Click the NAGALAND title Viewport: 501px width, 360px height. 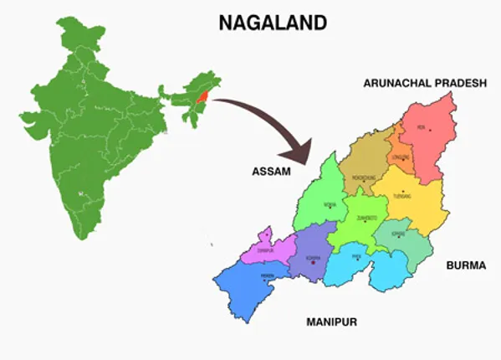click(x=272, y=23)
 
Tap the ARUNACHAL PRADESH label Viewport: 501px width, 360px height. click(x=424, y=83)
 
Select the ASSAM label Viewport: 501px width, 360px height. click(x=270, y=171)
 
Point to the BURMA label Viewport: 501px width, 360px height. click(x=466, y=265)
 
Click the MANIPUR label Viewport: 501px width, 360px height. click(x=331, y=321)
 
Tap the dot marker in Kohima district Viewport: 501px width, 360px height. click(x=313, y=262)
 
